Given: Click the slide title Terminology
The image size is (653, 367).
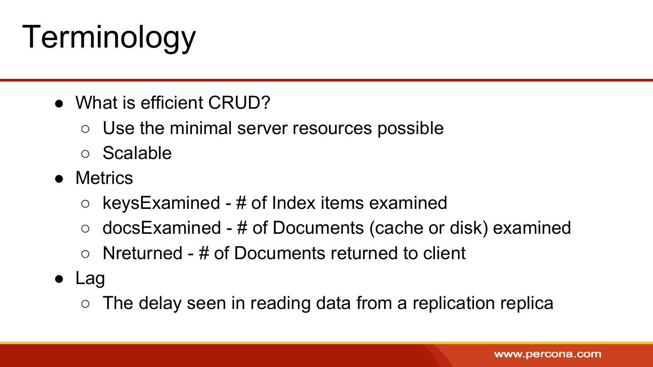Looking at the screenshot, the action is pyautogui.click(x=109, y=38).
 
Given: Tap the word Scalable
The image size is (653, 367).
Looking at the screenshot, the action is pyautogui.click(x=137, y=153).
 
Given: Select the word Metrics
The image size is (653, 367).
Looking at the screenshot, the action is pyautogui.click(x=104, y=178).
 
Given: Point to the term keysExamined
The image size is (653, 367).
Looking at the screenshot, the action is pyautogui.click(x=161, y=203).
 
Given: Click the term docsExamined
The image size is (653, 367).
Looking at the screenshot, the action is pyautogui.click(x=162, y=228).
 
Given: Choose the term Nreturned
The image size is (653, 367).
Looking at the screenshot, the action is pyautogui.click(x=142, y=253).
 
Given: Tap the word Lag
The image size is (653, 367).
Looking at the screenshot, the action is pyautogui.click(x=90, y=279).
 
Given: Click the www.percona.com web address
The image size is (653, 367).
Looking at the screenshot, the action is pyautogui.click(x=548, y=354).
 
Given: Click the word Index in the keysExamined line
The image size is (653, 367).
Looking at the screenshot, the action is pyautogui.click(x=293, y=203).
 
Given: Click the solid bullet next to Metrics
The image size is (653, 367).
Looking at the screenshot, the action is pyautogui.click(x=59, y=179).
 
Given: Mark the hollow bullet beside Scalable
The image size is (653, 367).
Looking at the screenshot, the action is pyautogui.click(x=85, y=154).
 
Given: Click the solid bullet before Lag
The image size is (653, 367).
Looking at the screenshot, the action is pyautogui.click(x=59, y=279).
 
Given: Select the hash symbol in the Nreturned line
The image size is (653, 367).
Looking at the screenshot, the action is pyautogui.click(x=204, y=253).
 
